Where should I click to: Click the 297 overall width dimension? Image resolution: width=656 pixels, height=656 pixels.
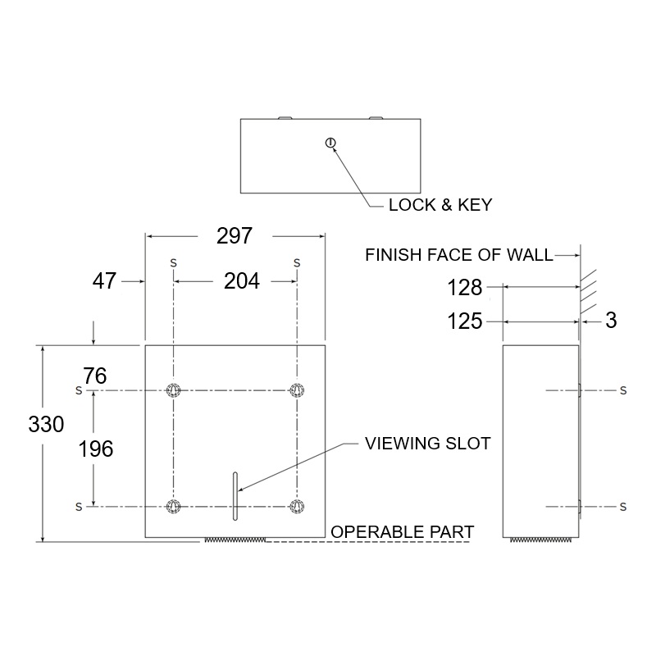coord(234,236)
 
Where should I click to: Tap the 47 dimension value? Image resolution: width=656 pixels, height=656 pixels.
coord(104,282)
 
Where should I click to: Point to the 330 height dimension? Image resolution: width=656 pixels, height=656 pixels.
coord(46,425)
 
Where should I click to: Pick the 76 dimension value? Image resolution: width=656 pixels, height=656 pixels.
coord(95,376)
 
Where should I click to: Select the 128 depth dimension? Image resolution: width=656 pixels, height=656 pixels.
coord(465,288)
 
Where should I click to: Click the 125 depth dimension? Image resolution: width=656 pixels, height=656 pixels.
coord(465,321)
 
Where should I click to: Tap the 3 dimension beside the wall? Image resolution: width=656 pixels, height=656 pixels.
coord(610,321)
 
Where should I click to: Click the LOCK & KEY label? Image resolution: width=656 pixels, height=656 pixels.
coord(440,205)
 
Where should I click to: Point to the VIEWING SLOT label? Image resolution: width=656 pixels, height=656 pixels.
coord(427,444)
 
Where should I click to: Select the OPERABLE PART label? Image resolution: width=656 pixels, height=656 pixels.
coord(402,532)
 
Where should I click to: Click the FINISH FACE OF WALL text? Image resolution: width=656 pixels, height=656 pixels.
coord(459,255)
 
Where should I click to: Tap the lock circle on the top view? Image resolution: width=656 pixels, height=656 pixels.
coord(330,143)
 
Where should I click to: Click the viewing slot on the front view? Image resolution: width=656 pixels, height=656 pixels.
coord(234,497)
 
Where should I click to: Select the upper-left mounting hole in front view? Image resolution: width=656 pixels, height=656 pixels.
coord(173,389)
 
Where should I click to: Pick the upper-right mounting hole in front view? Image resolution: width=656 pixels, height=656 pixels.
coord(296,389)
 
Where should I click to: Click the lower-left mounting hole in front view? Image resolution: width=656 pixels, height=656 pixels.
coord(173,506)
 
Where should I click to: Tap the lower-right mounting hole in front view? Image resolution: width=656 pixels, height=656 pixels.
coord(296,506)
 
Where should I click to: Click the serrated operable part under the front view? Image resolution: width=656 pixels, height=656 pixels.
coord(235,540)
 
